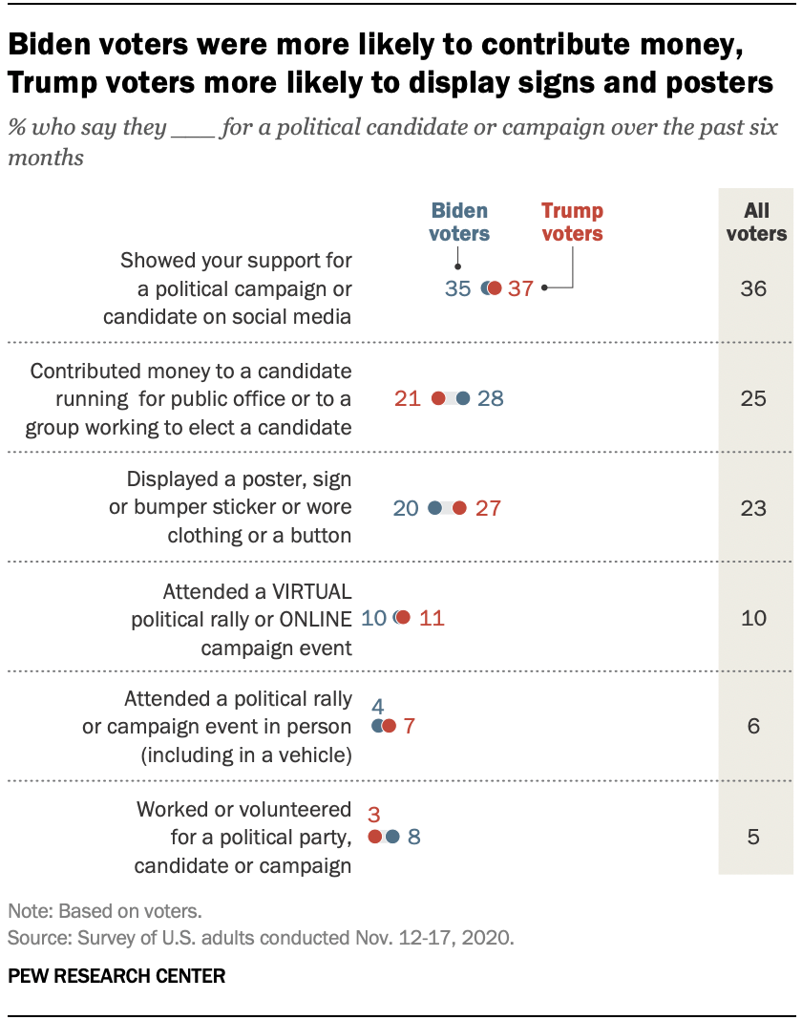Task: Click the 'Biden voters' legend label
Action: (459, 222)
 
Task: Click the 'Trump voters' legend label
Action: (573, 222)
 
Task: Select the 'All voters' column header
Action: (756, 222)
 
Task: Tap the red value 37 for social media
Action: (520, 288)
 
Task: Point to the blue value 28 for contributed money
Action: (490, 398)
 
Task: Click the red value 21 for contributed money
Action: (408, 398)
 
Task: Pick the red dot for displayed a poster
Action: (459, 508)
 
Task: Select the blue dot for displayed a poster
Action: (435, 508)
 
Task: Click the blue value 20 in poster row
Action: (406, 508)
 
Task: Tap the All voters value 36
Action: (754, 288)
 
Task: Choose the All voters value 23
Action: (754, 508)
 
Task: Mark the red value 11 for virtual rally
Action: (432, 618)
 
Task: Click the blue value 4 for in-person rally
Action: (377, 707)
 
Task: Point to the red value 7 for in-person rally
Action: (409, 726)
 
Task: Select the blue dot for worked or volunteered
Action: (392, 837)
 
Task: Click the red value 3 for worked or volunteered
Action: (374, 814)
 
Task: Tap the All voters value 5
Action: (754, 838)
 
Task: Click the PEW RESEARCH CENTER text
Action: (116, 976)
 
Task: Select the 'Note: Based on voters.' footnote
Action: (104, 911)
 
